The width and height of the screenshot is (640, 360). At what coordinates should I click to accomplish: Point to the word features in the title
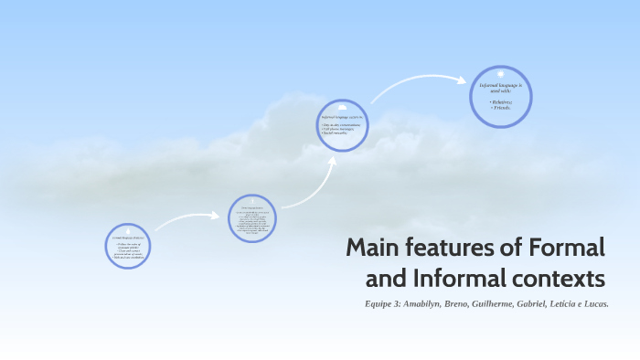[x=465, y=248]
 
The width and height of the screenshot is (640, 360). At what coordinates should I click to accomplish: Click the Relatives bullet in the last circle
[x=501, y=101]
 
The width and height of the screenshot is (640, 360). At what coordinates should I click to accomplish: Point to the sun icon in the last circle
[x=502, y=73]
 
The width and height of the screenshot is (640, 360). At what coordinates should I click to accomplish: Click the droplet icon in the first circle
[x=127, y=228]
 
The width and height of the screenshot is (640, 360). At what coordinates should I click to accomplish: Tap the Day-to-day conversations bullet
[x=342, y=124]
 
